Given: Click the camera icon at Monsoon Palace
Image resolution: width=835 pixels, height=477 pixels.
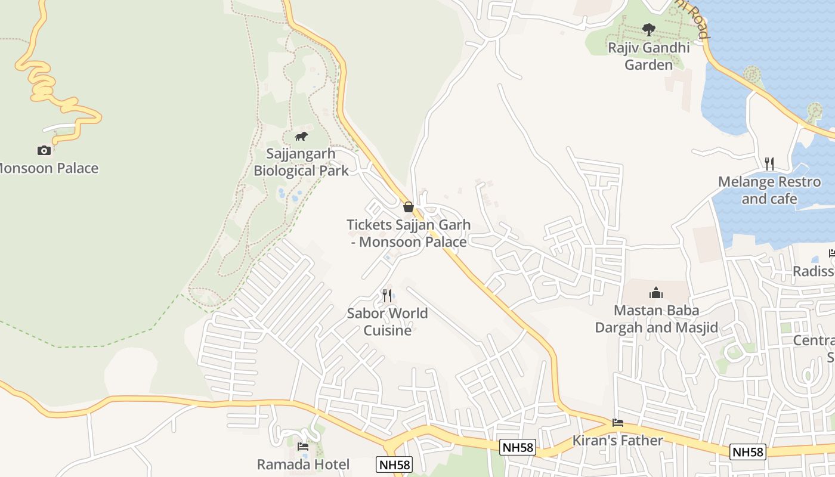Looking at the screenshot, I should (44, 150).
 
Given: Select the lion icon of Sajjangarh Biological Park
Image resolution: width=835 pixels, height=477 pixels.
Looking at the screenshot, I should (301, 137).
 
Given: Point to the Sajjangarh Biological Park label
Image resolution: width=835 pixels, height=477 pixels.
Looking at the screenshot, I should (301, 162).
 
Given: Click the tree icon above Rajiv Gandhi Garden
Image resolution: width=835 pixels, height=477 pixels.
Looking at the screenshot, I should (648, 29).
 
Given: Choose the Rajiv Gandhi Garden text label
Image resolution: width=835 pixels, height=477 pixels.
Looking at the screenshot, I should (648, 56).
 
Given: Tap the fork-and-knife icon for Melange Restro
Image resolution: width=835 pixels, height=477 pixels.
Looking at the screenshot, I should (769, 163).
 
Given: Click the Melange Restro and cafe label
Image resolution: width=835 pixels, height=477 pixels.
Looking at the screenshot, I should (769, 190).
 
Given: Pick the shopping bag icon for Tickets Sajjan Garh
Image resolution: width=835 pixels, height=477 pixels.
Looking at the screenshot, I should (409, 207).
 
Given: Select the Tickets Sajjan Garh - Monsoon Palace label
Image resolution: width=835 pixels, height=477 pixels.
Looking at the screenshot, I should (409, 233).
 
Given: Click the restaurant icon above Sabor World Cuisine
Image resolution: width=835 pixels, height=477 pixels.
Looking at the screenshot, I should (387, 295).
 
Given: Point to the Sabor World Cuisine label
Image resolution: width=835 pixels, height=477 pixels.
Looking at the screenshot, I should (388, 321).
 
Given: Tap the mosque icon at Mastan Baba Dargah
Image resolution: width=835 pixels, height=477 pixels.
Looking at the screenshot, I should (656, 293).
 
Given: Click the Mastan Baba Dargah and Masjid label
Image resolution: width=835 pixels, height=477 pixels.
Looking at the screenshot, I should (656, 319).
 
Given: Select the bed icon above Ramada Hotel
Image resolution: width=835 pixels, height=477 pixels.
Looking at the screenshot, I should (303, 447).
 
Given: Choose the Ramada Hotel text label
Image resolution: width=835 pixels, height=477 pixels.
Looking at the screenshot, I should (303, 464).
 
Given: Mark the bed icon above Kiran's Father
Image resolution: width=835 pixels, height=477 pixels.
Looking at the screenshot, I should (618, 423).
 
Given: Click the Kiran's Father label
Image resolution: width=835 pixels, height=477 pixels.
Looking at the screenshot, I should (618, 441).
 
